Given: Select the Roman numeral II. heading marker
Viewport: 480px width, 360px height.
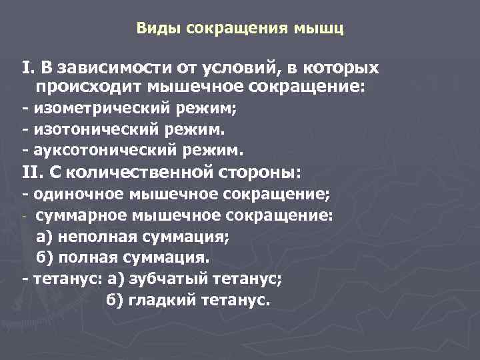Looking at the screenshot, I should click(x=33, y=172).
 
